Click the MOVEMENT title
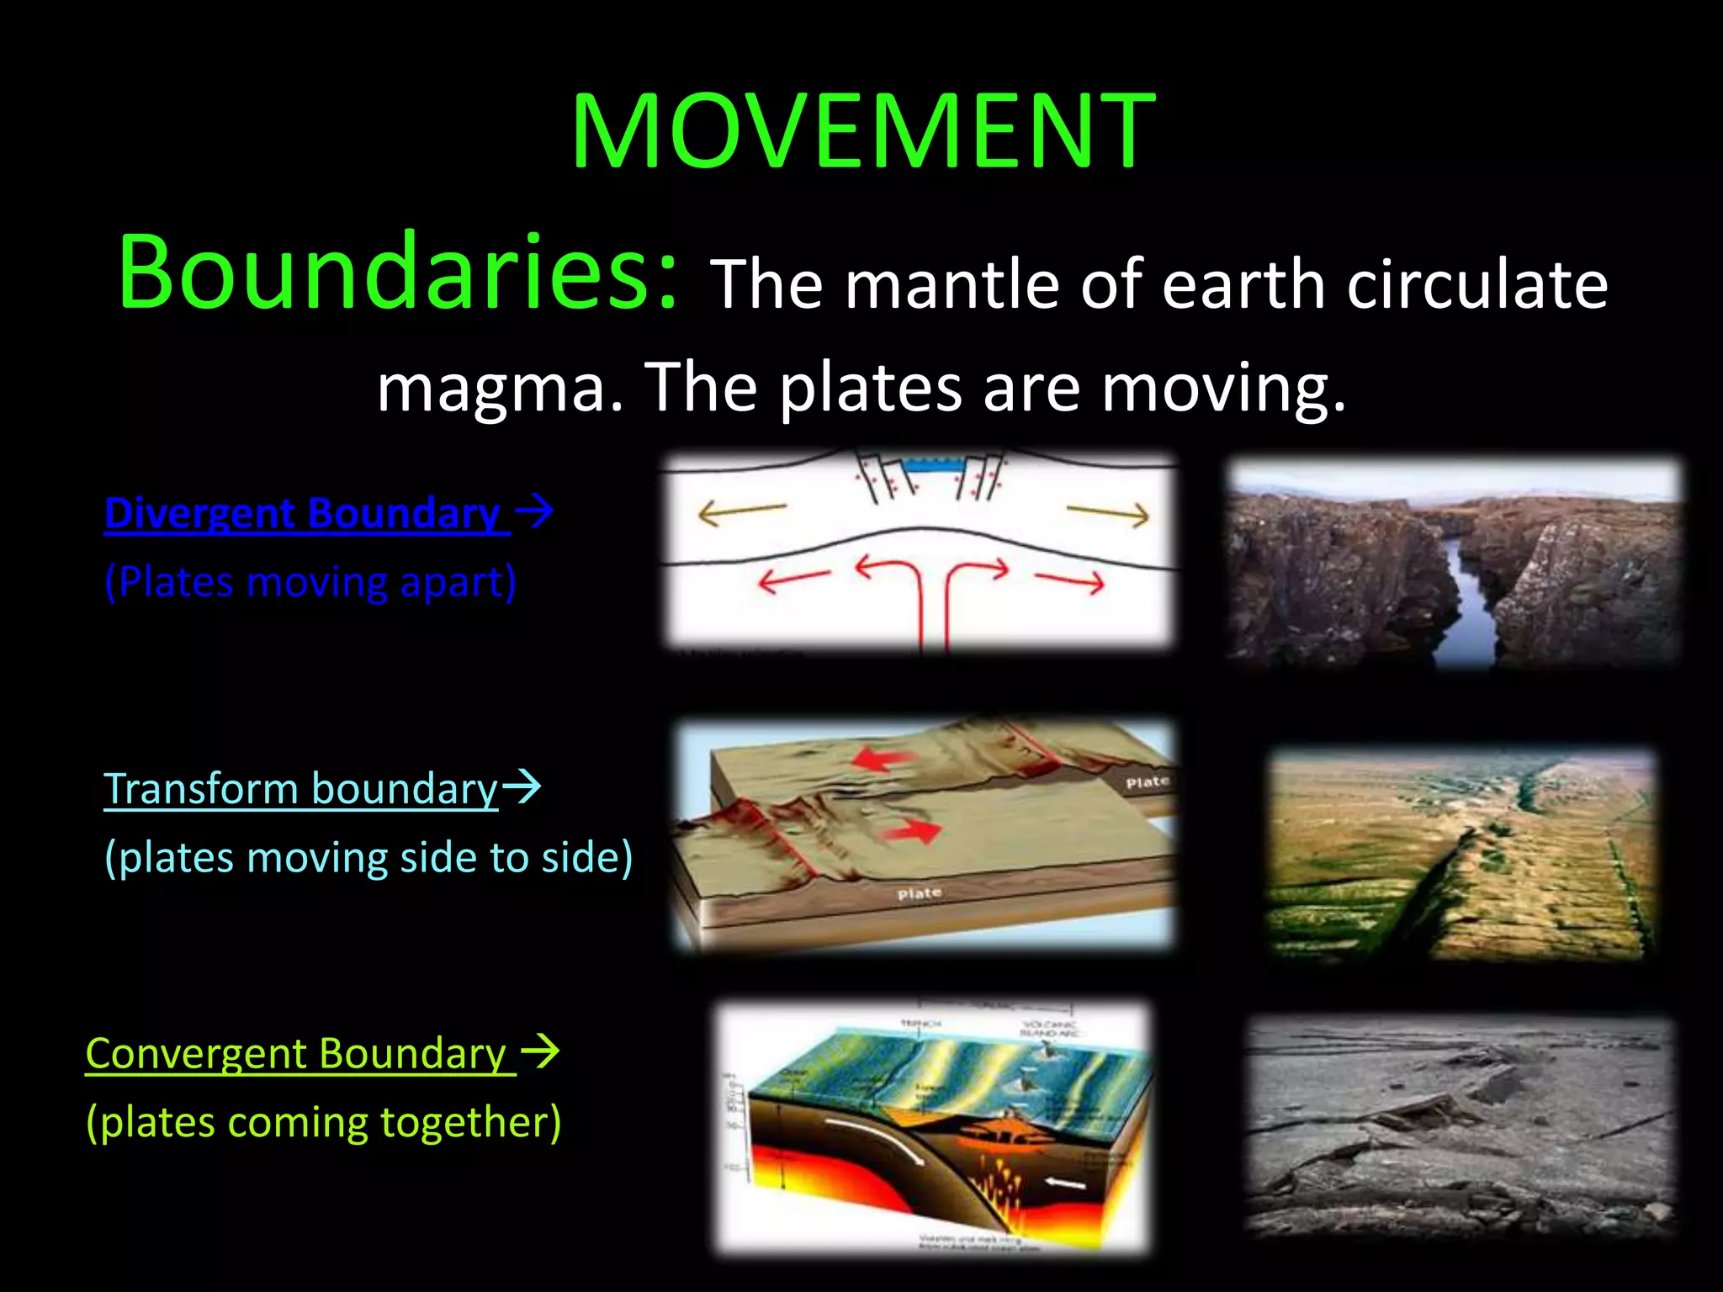(862, 132)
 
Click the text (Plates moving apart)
(310, 581)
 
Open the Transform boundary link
(301, 789)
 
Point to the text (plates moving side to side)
(368, 858)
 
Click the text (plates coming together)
(323, 1122)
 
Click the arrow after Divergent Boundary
(534, 511)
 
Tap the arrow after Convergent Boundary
(540, 1051)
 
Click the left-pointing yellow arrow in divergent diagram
(740, 511)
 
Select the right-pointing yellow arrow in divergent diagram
(1109, 512)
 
